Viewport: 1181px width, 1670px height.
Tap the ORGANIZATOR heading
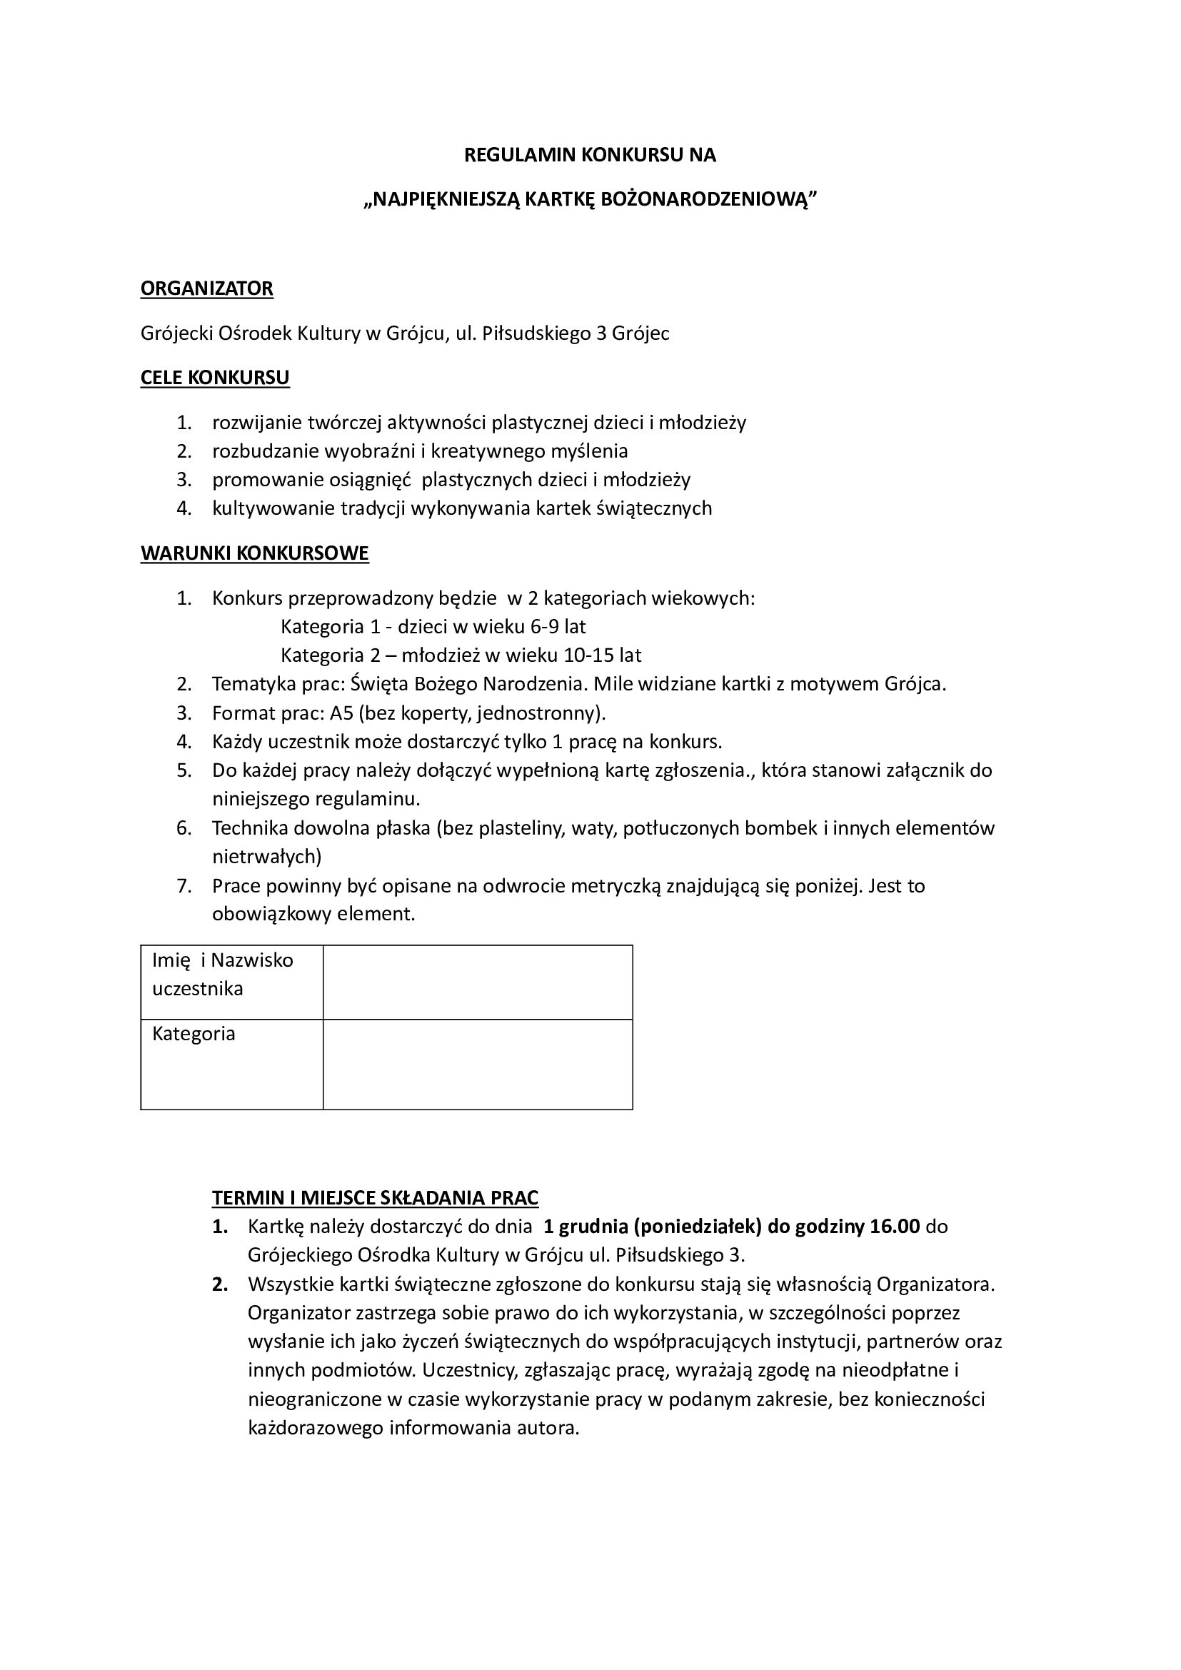[206, 288]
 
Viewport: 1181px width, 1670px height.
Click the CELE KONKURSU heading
[214, 378]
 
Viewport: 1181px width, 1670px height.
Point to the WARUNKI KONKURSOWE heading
[254, 553]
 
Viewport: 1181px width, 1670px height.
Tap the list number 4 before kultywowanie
[184, 508]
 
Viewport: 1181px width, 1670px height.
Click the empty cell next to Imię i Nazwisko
[477, 982]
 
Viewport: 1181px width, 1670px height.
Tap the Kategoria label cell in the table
[231, 1063]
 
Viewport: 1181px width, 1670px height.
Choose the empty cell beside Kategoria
[477, 1063]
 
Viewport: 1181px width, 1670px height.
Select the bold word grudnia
[586, 1227]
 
